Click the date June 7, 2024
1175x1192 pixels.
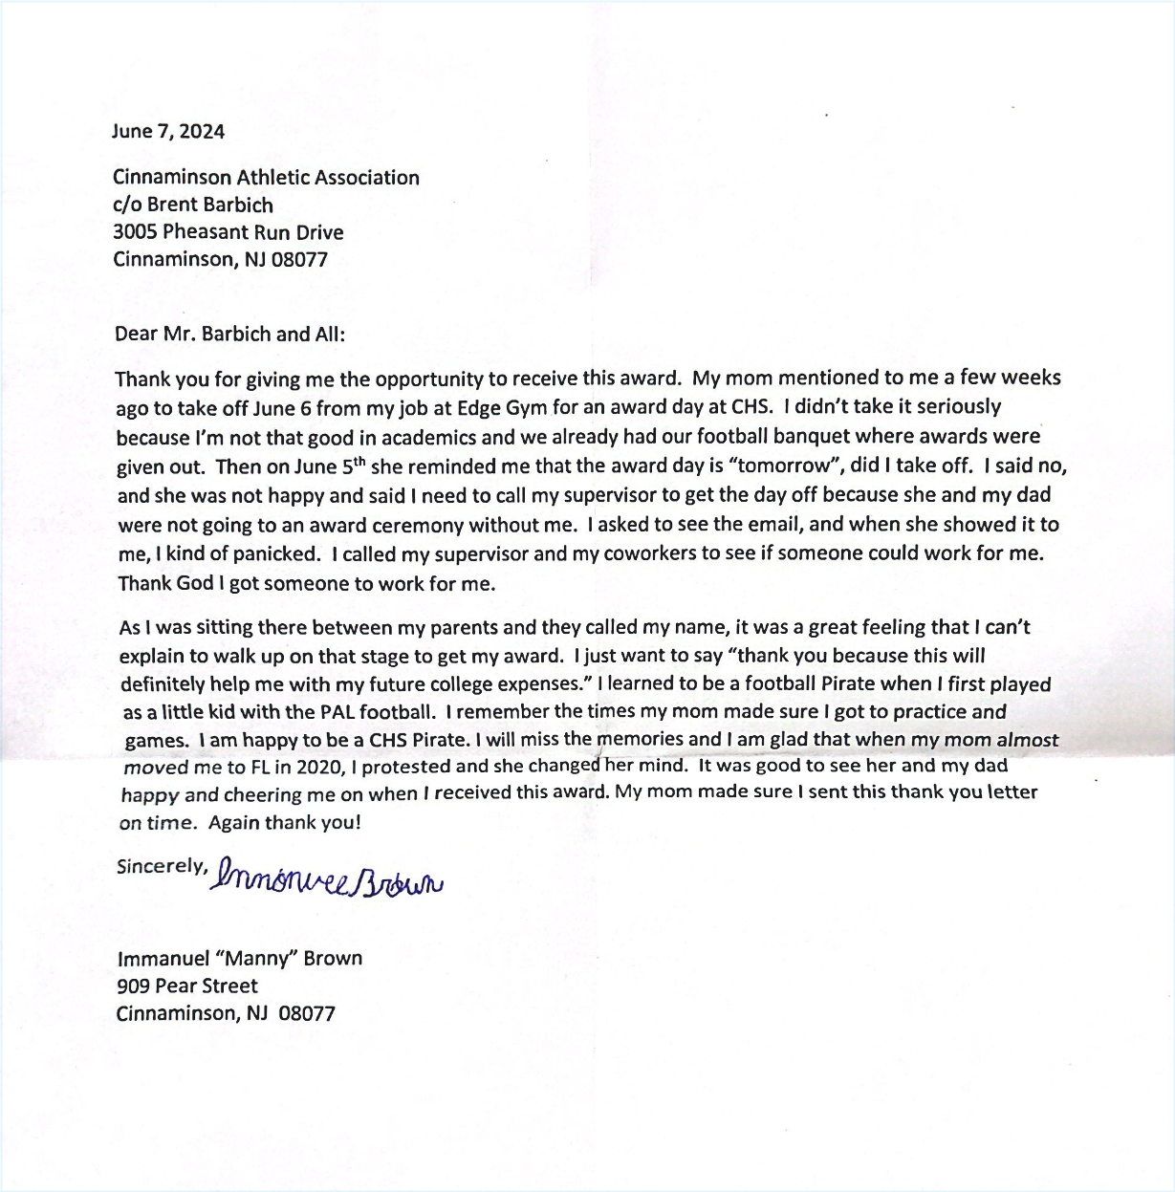tap(168, 132)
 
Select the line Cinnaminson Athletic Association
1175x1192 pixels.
tap(266, 178)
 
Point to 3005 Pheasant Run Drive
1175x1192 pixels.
tap(228, 232)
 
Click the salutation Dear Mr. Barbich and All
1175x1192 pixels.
tap(229, 335)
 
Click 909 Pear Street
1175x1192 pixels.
tap(187, 986)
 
